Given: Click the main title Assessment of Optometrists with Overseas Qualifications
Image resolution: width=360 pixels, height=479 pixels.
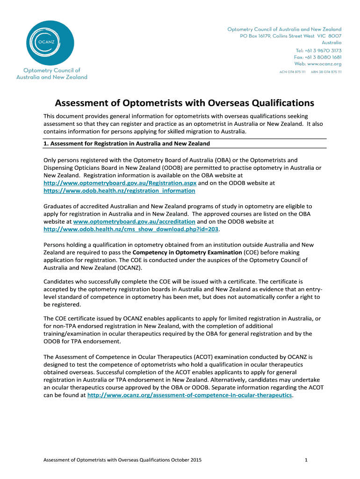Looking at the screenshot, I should pyautogui.click(x=185, y=102).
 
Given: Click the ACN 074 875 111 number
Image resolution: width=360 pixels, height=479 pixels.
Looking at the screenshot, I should pyautogui.click(x=292, y=72).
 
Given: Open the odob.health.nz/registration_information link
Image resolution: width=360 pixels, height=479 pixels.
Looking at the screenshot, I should pyautogui.click(x=119, y=191).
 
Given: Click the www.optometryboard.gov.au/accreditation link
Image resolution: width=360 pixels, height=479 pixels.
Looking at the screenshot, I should pyautogui.click(x=134, y=221).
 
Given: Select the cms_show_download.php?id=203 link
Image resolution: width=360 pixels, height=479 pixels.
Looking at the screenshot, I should pyautogui.click(x=131, y=229).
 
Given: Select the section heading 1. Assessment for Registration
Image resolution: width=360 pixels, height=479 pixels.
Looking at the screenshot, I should pyautogui.click(x=127, y=143).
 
